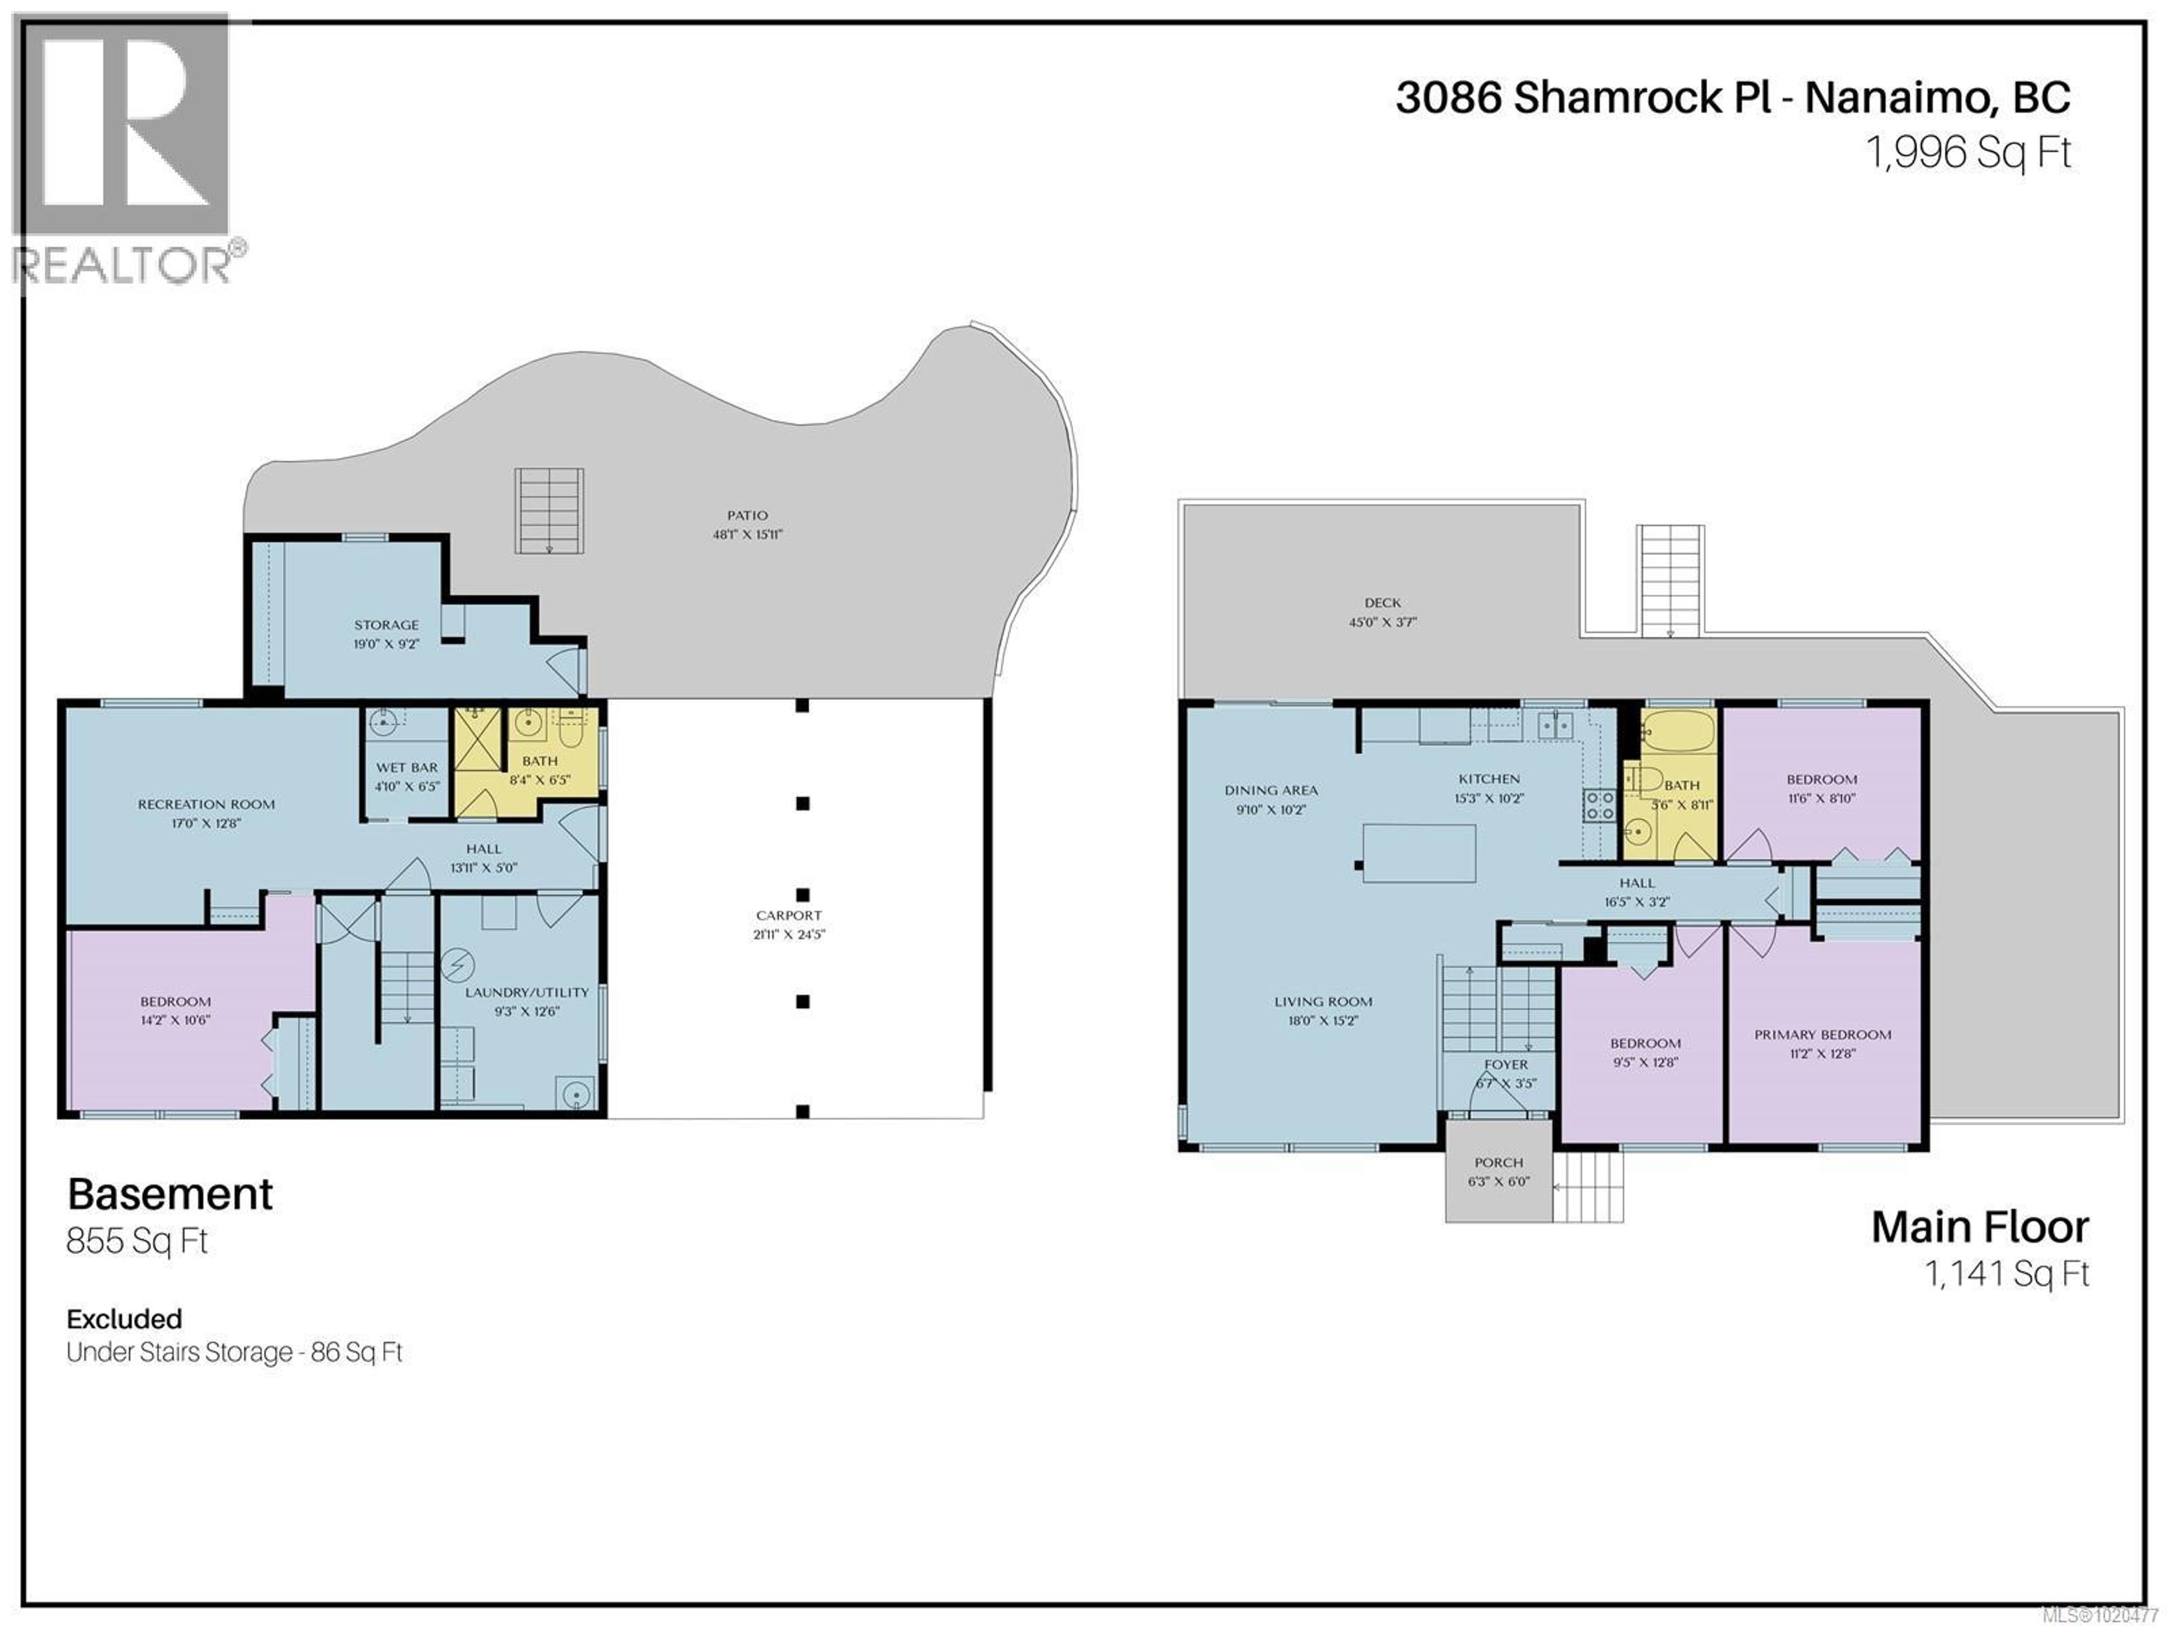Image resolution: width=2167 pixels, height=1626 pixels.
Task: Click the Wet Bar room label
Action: pos(406,767)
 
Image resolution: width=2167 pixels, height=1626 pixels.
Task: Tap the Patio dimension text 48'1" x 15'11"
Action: pos(748,534)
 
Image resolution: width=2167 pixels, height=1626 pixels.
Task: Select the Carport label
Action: pos(788,915)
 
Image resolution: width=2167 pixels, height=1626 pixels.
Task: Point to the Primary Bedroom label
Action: pos(1822,1034)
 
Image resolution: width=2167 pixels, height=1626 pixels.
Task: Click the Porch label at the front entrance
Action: pos(1498,1162)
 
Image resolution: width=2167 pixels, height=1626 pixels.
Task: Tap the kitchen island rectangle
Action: pos(1419,853)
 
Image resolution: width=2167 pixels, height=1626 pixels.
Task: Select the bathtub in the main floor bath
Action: pos(1678,729)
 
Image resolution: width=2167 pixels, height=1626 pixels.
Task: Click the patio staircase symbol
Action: pos(550,510)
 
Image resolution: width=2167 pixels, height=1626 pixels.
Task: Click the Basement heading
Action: pos(170,1194)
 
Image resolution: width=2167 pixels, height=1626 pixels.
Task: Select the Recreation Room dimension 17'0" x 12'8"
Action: pos(206,823)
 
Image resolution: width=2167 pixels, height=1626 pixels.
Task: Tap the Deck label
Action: pos(1382,603)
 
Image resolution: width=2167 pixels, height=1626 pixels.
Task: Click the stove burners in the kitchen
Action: pos(1599,806)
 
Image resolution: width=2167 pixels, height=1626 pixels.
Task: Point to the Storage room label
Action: pos(386,624)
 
